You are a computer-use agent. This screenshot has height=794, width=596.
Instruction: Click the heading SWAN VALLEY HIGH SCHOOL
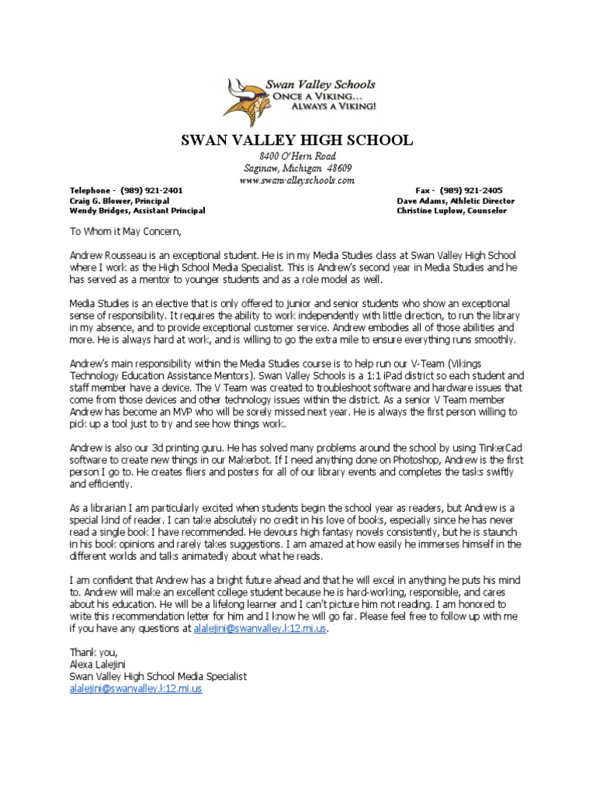pyautogui.click(x=297, y=140)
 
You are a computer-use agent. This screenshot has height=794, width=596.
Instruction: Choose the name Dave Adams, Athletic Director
pyautogui.click(x=455, y=200)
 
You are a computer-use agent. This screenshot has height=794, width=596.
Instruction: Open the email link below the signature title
pyautogui.click(x=136, y=688)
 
